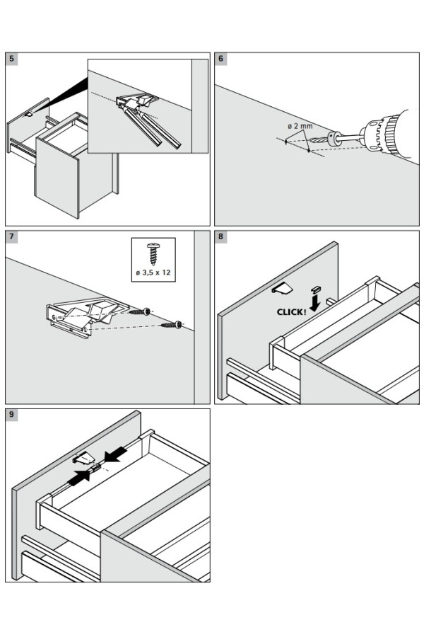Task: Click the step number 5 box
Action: [12, 59]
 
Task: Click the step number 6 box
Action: [221, 59]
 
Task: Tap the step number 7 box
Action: [12, 237]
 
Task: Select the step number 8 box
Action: [221, 237]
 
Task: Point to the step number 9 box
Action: [12, 415]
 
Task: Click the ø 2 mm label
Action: [300, 126]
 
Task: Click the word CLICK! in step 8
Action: [291, 311]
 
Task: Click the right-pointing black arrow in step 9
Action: [81, 476]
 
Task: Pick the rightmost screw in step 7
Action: [172, 325]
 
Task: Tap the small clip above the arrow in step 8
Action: [316, 288]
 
